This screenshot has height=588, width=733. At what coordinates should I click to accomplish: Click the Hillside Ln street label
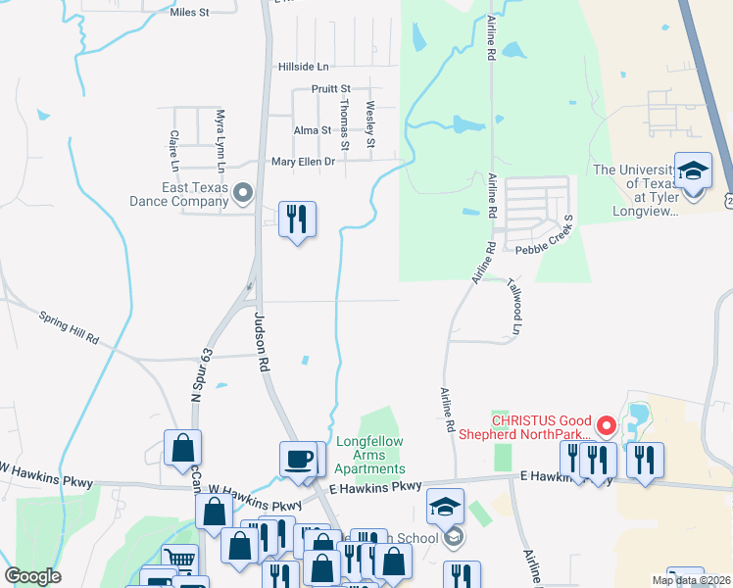(x=304, y=67)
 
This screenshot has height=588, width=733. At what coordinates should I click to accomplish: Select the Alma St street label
(x=313, y=130)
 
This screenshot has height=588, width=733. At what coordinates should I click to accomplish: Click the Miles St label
(x=190, y=12)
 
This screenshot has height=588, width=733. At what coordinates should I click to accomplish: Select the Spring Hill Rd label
(x=70, y=326)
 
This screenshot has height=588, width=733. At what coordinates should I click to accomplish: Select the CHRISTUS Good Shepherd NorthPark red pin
(x=606, y=426)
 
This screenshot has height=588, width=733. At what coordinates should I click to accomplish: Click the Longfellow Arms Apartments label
(x=369, y=456)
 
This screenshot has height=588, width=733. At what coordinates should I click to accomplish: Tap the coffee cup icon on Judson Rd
(x=298, y=459)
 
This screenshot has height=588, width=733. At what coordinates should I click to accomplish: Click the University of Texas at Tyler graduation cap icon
(x=694, y=172)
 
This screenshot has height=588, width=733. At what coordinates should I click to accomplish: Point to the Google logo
(x=32, y=576)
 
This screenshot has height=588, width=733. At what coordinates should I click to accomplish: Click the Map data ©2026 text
(x=690, y=580)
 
